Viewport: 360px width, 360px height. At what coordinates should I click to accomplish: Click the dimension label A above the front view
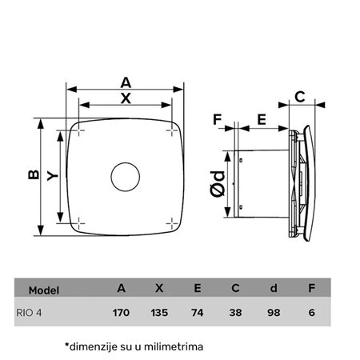125,82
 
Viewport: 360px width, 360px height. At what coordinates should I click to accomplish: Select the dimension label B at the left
32,177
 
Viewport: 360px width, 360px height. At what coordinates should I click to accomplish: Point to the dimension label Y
53,177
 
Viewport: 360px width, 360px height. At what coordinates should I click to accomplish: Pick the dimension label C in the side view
300,97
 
